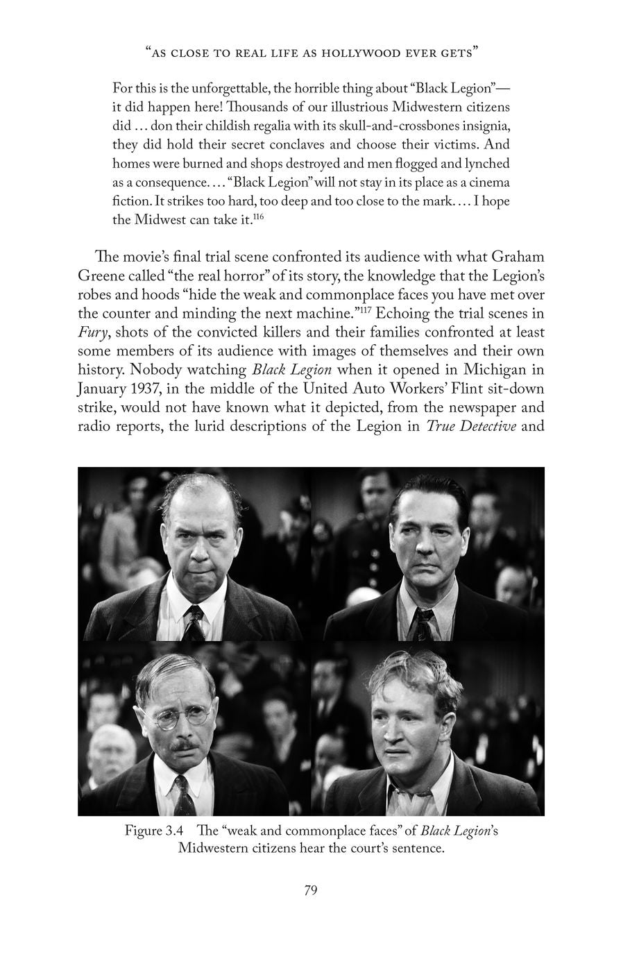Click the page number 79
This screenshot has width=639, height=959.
pos(311,890)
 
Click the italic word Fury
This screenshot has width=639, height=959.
pos(91,332)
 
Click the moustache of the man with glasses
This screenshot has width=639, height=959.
pos(183,746)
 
